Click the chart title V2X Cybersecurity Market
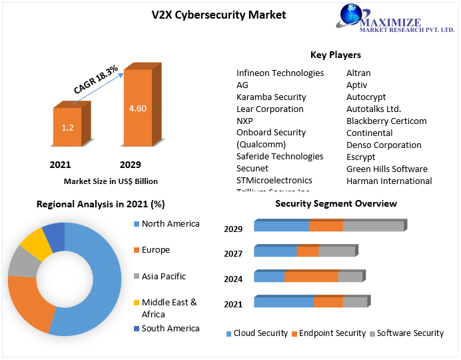[x=219, y=15]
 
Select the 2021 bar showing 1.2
[x=67, y=127]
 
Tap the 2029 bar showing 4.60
[x=137, y=108]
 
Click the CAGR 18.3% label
[x=96, y=79]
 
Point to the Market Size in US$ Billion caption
[x=111, y=181]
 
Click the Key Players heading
[x=335, y=55]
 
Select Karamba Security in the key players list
[x=271, y=97]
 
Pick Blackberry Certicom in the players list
[x=386, y=121]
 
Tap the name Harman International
[x=389, y=181]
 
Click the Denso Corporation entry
[x=384, y=145]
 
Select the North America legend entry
[x=170, y=223]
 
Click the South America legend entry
[x=170, y=328]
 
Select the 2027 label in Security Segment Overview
[x=233, y=253]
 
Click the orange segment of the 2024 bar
[x=311, y=277]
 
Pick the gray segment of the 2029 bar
[x=373, y=226]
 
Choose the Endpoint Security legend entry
[x=332, y=333]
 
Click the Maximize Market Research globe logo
[x=353, y=17]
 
